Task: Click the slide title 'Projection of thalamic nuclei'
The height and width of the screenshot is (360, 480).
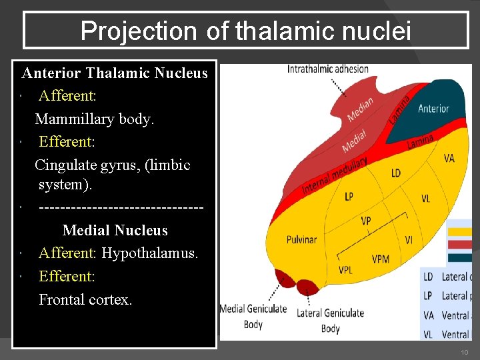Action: coord(246,31)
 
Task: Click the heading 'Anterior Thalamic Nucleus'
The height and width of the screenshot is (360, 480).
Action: coord(115,73)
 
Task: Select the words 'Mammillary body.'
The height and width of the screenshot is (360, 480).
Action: coord(94,119)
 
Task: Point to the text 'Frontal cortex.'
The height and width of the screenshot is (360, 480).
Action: coord(85,299)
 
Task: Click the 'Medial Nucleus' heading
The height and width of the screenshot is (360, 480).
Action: coord(115,231)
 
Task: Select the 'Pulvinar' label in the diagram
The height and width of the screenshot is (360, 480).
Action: coord(301,239)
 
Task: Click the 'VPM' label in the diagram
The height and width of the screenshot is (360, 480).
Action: coord(381,259)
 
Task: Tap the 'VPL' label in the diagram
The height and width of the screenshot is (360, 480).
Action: coord(346,270)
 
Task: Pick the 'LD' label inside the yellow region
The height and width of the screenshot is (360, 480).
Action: coord(395,173)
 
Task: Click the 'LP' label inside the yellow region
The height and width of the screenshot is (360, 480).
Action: coord(349,197)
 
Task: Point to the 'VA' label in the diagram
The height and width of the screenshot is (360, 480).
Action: coord(449,158)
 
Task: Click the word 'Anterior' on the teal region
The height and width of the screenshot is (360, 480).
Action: coord(433,109)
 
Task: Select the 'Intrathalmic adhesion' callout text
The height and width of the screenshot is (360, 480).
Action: coord(327,69)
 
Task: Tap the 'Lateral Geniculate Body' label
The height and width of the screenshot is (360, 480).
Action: coord(330,320)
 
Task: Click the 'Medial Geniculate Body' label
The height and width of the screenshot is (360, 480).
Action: coord(253,316)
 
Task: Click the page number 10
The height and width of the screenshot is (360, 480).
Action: coord(464,352)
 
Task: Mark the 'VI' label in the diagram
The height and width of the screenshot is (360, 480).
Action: coord(408,239)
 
